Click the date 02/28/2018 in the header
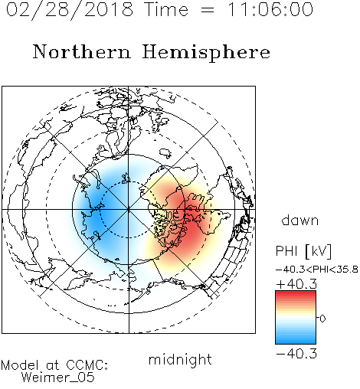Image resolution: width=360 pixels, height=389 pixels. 70,10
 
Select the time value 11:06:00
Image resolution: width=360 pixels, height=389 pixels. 270,9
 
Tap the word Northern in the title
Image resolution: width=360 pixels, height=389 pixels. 82,51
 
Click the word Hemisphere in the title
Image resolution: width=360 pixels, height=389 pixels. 206,53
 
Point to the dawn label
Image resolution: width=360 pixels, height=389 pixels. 300,220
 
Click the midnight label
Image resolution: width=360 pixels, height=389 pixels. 180,360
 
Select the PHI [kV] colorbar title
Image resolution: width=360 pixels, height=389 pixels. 303,251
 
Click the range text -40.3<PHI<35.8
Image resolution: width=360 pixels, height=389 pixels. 317,270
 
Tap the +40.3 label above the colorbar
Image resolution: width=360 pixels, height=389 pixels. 296,284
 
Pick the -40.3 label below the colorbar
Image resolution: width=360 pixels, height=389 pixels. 296,354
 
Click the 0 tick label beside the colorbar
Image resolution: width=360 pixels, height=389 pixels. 322,319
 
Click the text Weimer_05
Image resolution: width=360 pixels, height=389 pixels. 58,378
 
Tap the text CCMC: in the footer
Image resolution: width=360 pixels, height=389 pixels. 87,365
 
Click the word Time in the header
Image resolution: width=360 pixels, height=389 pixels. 166,10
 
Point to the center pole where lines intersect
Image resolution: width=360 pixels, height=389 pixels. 128,210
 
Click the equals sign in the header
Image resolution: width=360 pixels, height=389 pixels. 208,10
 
